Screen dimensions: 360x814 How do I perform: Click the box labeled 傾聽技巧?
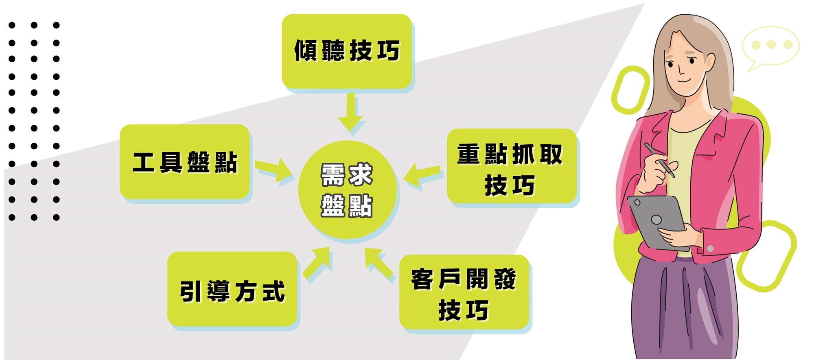point(347,51)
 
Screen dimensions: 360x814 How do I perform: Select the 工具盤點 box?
point(184,161)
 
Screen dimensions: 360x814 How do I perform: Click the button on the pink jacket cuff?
point(710,248)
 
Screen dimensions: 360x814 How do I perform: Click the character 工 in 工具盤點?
point(143,162)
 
